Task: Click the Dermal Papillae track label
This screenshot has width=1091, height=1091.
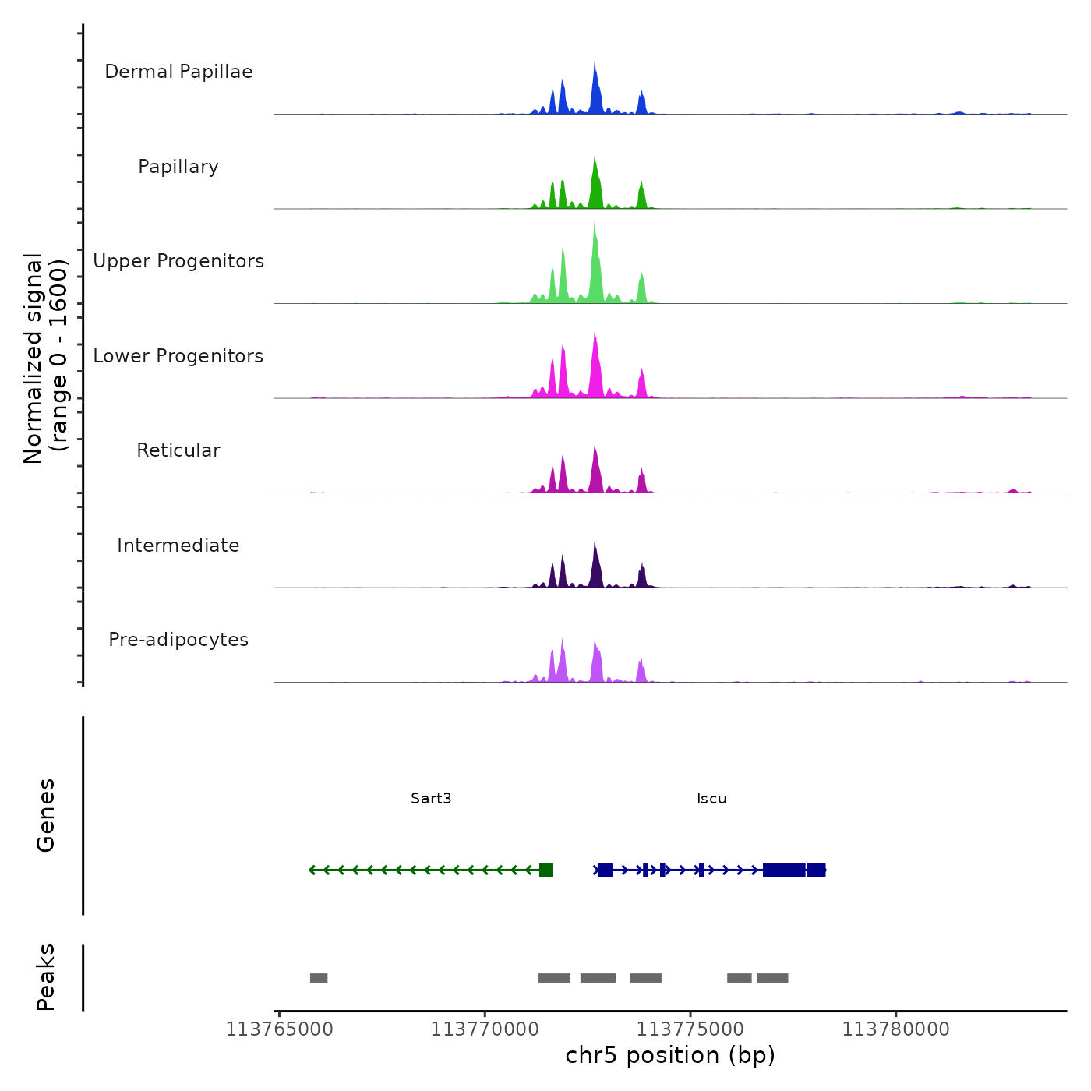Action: [178, 72]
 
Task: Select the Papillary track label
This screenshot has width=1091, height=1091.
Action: [178, 167]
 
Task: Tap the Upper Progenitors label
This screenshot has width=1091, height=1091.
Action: [178, 261]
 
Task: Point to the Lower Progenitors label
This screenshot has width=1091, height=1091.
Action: [178, 356]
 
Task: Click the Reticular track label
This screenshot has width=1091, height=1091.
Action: [178, 450]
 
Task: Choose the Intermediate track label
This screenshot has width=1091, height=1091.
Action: [178, 545]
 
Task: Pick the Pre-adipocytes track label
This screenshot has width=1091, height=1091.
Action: [178, 640]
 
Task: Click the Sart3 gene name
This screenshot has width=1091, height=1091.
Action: [431, 798]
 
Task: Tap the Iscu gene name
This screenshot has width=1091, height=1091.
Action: [711, 798]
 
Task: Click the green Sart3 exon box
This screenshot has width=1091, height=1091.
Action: [545, 870]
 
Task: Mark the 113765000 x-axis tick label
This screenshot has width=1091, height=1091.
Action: [279, 1029]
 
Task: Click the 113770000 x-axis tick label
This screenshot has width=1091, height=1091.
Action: [485, 1029]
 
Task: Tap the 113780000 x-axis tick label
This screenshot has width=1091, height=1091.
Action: [895, 1029]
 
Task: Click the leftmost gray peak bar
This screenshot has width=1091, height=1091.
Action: [319, 978]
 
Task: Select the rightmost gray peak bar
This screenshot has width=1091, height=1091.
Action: [772, 978]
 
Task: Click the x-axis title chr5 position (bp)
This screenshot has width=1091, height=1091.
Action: [670, 1055]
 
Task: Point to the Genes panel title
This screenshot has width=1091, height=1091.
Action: [46, 815]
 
